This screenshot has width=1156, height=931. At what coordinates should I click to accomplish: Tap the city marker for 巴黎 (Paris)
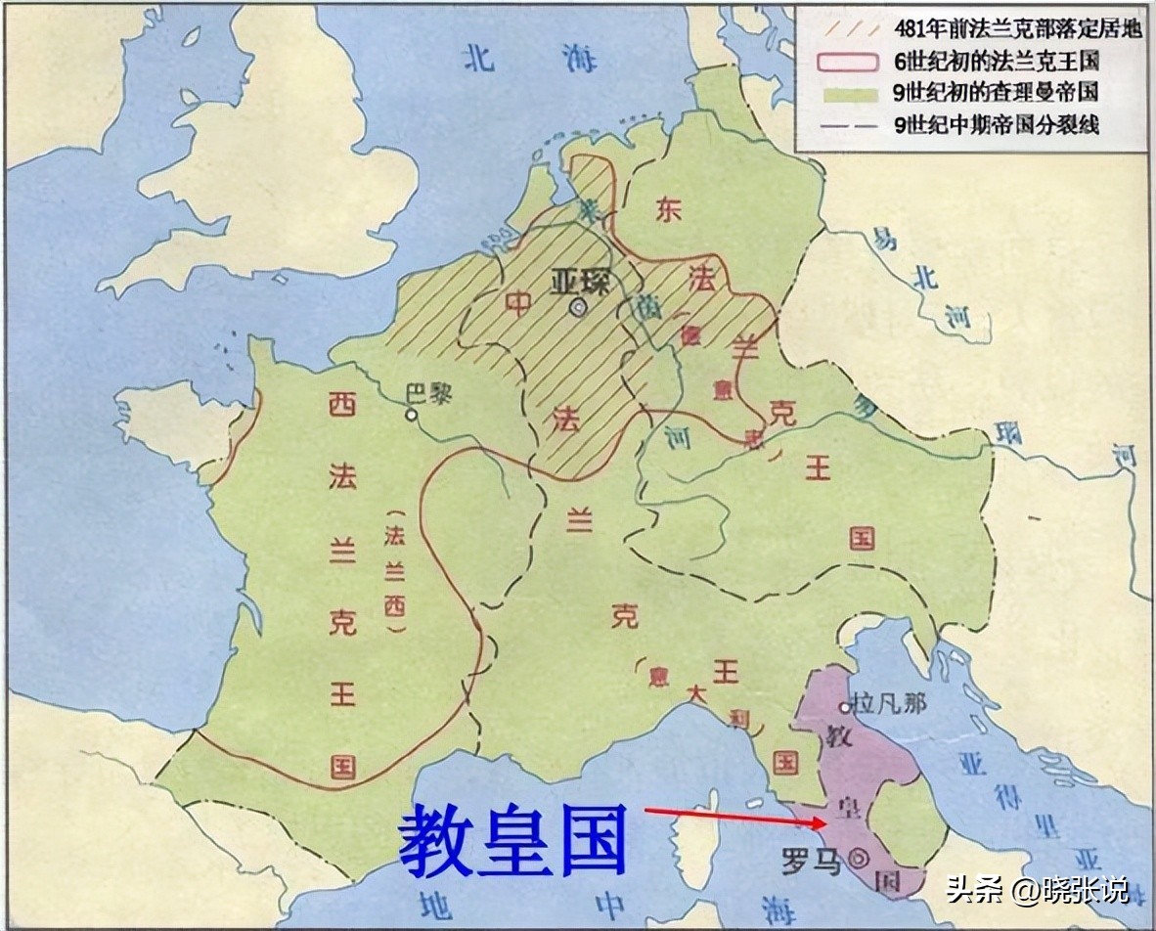click(x=412, y=415)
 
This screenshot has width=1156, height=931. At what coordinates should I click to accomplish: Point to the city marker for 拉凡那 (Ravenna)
click(x=844, y=707)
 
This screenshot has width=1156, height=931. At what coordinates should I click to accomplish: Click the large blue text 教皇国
click(x=512, y=840)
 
